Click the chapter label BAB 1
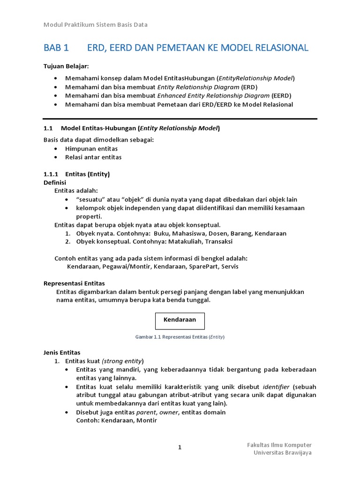tap(56, 48)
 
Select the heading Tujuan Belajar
tap(66, 66)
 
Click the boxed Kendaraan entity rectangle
tap(180, 321)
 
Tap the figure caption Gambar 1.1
tap(180, 337)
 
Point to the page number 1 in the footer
tap(180, 448)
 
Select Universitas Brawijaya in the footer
tap(282, 453)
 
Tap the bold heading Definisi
tap(55, 182)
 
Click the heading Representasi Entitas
tap(74, 284)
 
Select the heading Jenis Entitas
tap(62, 352)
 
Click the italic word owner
tap(169, 412)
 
